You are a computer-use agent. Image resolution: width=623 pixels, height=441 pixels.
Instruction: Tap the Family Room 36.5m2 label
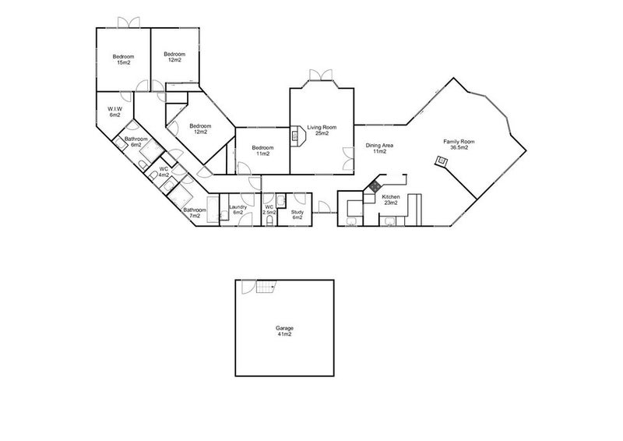(x=459, y=145)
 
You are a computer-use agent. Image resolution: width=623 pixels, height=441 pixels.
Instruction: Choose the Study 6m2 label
(x=297, y=214)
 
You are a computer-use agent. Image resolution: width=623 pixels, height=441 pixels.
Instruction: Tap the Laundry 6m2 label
(x=238, y=210)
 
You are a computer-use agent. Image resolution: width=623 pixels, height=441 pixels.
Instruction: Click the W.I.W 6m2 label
(x=114, y=111)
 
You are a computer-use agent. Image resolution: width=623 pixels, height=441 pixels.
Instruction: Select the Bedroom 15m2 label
(x=123, y=59)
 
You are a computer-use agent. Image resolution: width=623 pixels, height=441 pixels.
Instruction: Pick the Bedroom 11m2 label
(x=262, y=150)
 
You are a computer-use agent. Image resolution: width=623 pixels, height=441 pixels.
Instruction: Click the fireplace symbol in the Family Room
(x=442, y=161)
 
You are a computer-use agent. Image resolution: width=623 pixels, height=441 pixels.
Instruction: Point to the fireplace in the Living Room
(x=296, y=136)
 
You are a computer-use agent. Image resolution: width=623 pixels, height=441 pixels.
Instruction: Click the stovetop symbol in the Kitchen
(x=374, y=186)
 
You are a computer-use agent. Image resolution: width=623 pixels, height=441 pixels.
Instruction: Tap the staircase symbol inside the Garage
(x=266, y=288)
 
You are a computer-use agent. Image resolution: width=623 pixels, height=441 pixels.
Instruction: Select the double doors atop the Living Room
(x=320, y=75)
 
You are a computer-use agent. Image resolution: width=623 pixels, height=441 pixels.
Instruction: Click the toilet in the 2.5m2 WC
(x=269, y=221)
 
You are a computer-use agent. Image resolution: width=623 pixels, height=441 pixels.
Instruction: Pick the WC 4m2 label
(x=164, y=171)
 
